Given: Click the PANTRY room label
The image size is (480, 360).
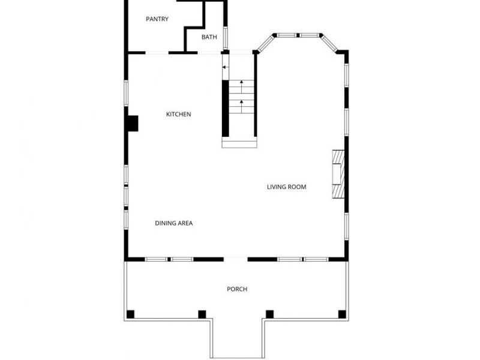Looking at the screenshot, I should [x=157, y=19].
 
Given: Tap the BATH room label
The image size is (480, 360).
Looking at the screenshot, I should [x=209, y=37].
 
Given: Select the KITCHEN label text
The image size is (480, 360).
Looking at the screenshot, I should [x=179, y=115].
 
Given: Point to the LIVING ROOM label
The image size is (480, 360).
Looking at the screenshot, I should [x=287, y=187].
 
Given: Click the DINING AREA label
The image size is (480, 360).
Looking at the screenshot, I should [x=174, y=223].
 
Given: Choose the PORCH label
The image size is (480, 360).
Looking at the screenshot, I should [x=237, y=289].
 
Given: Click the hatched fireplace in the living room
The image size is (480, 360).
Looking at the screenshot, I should [x=338, y=173].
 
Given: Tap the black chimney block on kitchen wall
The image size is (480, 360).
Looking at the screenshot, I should [x=132, y=123].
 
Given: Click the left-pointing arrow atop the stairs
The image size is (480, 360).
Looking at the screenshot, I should [x=226, y=67].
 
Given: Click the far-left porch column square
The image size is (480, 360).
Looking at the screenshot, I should [x=131, y=314].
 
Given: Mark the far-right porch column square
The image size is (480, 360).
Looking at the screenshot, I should [x=342, y=314].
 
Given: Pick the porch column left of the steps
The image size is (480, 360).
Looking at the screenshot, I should [x=202, y=314].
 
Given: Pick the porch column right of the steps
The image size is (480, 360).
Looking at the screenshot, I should [x=270, y=314].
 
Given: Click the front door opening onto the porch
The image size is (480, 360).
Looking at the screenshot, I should [x=236, y=259].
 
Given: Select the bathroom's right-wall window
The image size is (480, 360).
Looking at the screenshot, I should [x=226, y=37].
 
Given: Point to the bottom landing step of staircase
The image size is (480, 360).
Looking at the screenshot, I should [x=239, y=143].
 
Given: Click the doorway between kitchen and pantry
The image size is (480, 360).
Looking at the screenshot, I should [x=157, y=53].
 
